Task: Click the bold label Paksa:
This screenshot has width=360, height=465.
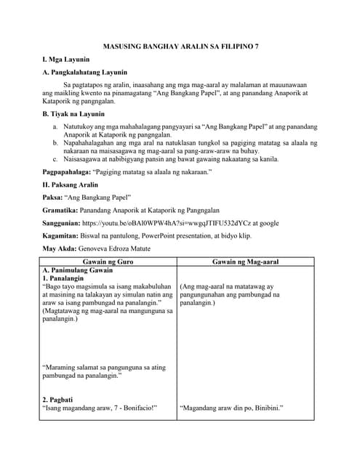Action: (x=52, y=198)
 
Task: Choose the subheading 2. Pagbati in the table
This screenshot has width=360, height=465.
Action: (x=57, y=399)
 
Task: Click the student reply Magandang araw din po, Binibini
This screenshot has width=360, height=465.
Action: (x=231, y=408)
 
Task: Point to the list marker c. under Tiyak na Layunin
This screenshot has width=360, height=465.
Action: (x=55, y=158)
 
